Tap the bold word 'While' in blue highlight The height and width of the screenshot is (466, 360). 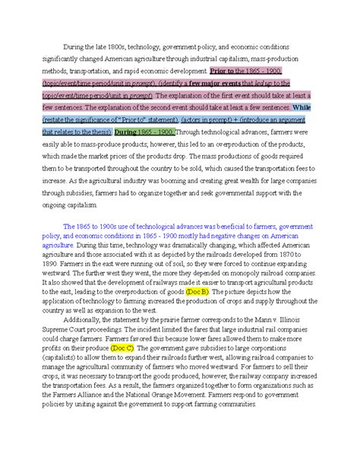pos(302,107)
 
